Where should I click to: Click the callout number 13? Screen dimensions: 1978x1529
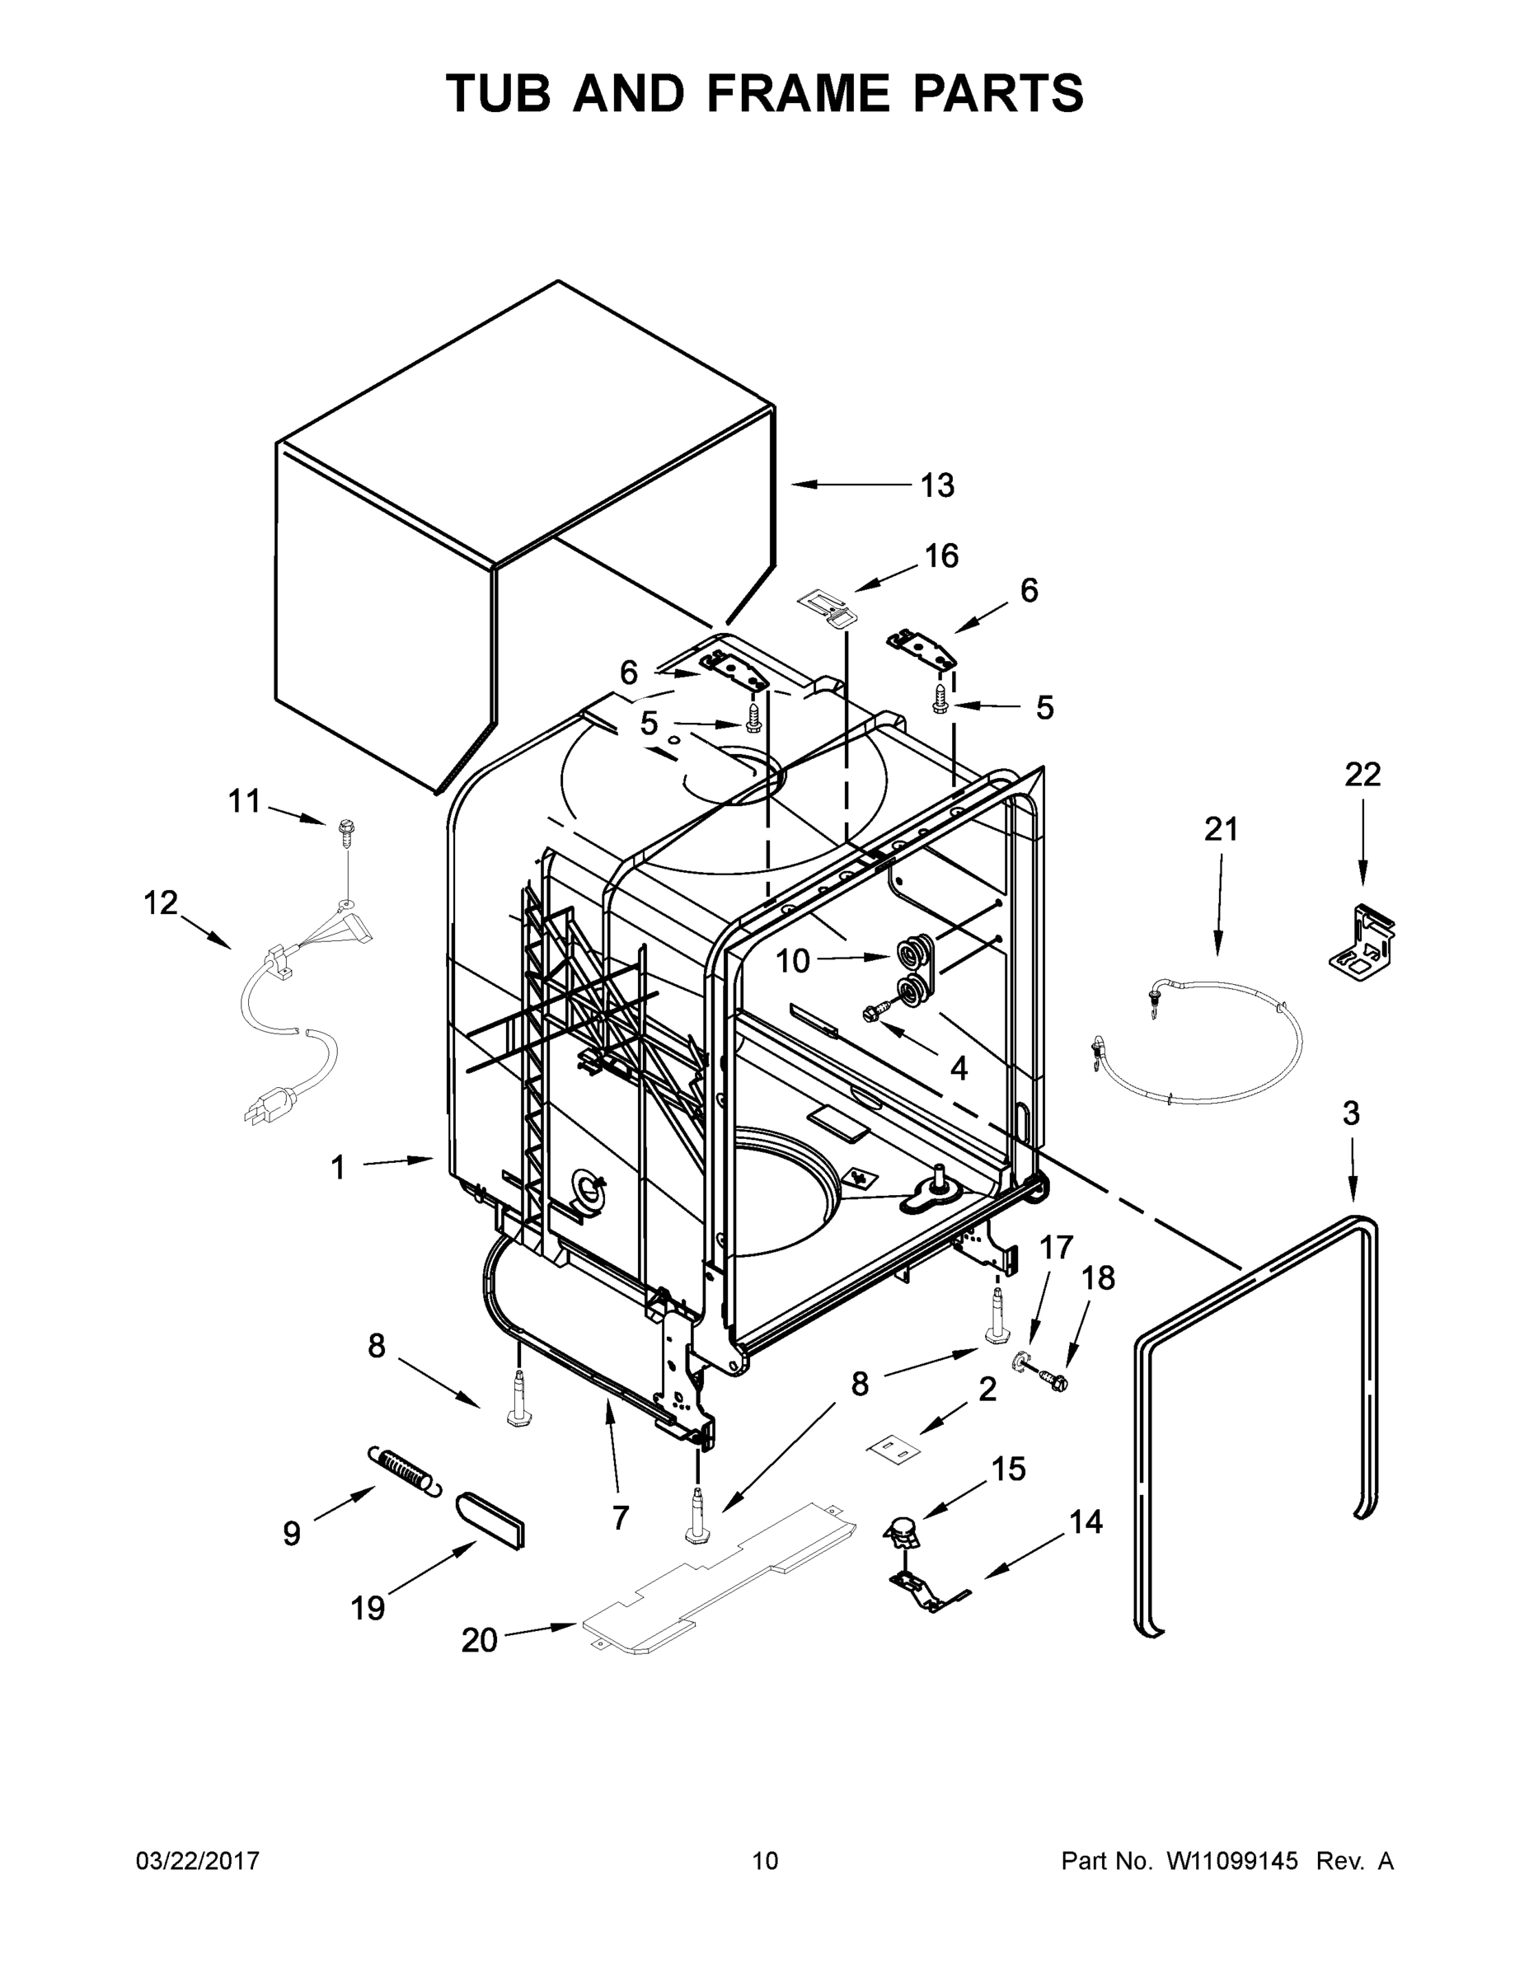point(936,486)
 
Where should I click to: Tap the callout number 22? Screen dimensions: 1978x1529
point(1362,775)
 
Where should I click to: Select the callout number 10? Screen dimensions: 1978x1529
point(793,962)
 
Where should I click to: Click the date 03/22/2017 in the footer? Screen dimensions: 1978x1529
point(198,1860)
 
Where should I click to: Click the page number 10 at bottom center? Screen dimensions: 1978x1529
point(765,1860)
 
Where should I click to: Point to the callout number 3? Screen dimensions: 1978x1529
point(1351,1113)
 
